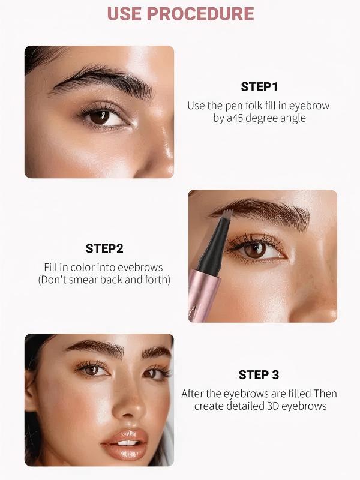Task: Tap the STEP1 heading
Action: [x=259, y=86]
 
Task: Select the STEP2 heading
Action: [x=104, y=248]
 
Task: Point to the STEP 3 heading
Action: [x=259, y=375]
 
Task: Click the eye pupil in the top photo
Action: [x=100, y=117]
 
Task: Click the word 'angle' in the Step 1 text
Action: [x=293, y=118]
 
